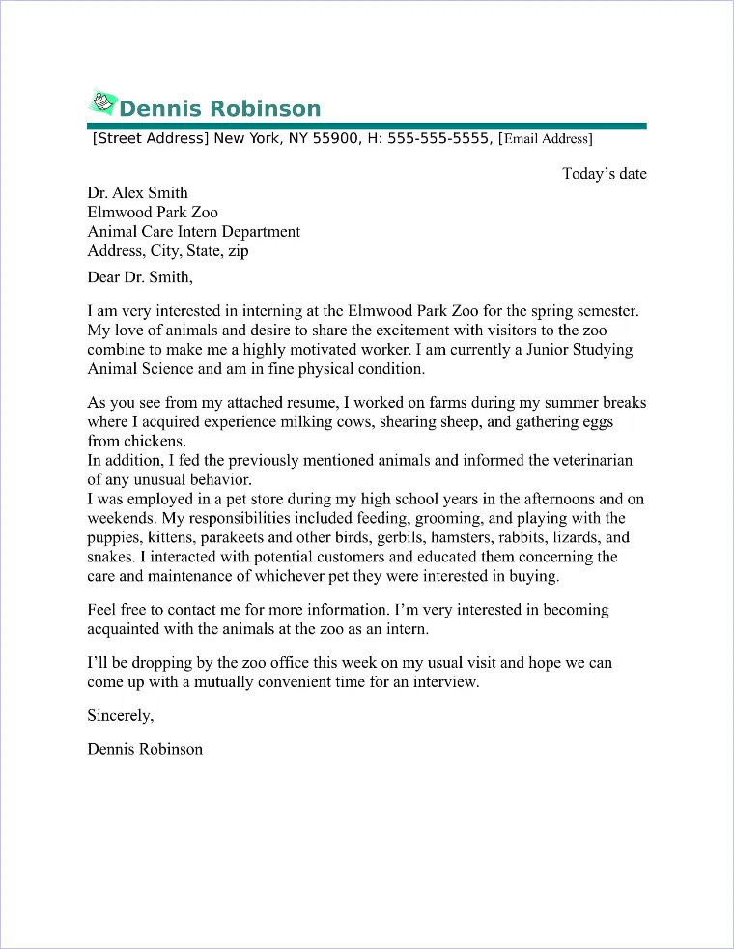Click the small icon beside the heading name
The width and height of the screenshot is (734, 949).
(102, 102)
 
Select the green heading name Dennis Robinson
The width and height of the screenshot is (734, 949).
(219, 108)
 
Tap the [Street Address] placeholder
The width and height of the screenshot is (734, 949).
(150, 138)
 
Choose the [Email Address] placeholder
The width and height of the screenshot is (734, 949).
(545, 139)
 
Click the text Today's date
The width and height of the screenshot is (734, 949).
(605, 174)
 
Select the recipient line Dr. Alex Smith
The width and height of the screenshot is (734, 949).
(137, 193)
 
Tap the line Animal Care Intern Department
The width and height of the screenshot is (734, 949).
(193, 232)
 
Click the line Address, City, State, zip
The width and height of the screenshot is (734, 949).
(168, 251)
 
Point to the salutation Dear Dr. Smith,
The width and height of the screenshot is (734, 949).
(140, 278)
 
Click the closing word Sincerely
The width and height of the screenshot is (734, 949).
(119, 716)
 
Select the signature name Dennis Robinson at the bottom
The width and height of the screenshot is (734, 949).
(145, 749)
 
